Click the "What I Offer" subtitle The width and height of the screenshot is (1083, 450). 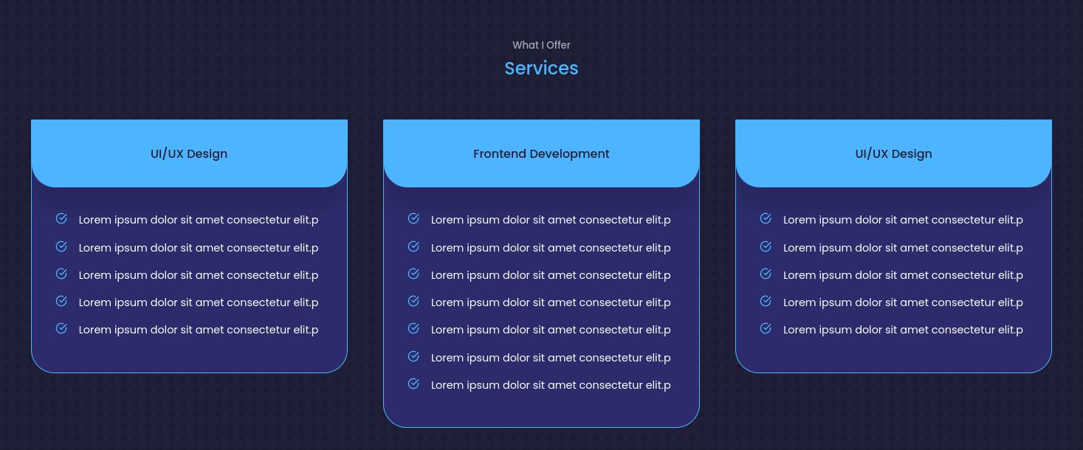pyautogui.click(x=541, y=45)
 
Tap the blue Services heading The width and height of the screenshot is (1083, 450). pyautogui.click(x=541, y=69)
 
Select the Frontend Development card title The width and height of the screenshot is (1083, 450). pyautogui.click(x=541, y=154)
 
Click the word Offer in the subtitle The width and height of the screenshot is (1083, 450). pyautogui.click(x=558, y=45)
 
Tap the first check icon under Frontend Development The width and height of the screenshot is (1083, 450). pyautogui.click(x=413, y=218)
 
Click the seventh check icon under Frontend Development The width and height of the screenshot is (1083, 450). pyautogui.click(x=413, y=384)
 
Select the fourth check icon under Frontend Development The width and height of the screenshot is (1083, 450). pyautogui.click(x=413, y=301)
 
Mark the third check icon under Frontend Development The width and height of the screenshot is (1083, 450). pyautogui.click(x=413, y=274)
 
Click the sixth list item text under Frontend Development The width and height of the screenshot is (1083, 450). pyautogui.click(x=551, y=358)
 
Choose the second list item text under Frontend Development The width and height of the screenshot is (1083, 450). pyautogui.click(x=551, y=248)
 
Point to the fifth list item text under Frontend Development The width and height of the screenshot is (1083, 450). pyautogui.click(x=551, y=330)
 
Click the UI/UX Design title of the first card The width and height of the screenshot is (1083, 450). pyautogui.click(x=189, y=154)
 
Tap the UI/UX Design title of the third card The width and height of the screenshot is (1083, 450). pyautogui.click(x=893, y=154)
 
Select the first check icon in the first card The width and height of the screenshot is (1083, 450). pyautogui.click(x=61, y=218)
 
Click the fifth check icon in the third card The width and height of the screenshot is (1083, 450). pyautogui.click(x=766, y=328)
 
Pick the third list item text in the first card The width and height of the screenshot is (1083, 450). pyautogui.click(x=199, y=275)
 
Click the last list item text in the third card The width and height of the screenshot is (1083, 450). pyautogui.click(x=903, y=330)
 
